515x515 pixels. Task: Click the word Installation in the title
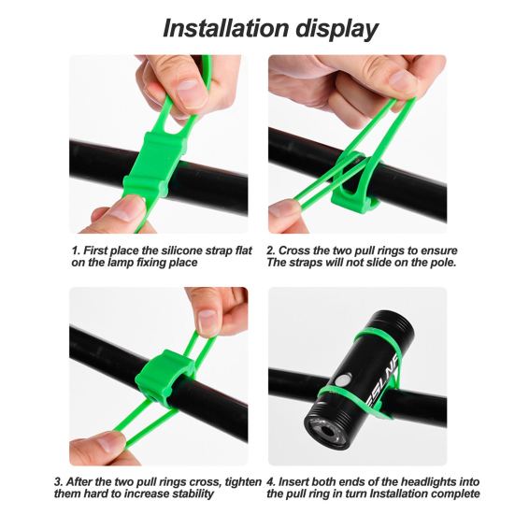[x=225, y=29]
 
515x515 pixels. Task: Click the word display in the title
[x=337, y=30]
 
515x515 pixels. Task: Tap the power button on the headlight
[x=343, y=380]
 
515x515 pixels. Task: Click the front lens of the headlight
[x=325, y=431]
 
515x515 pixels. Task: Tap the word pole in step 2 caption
[x=443, y=263]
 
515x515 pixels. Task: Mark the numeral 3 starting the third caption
[x=59, y=482]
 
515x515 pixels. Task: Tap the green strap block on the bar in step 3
[x=165, y=375]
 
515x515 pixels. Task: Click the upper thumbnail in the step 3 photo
[x=207, y=322]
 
